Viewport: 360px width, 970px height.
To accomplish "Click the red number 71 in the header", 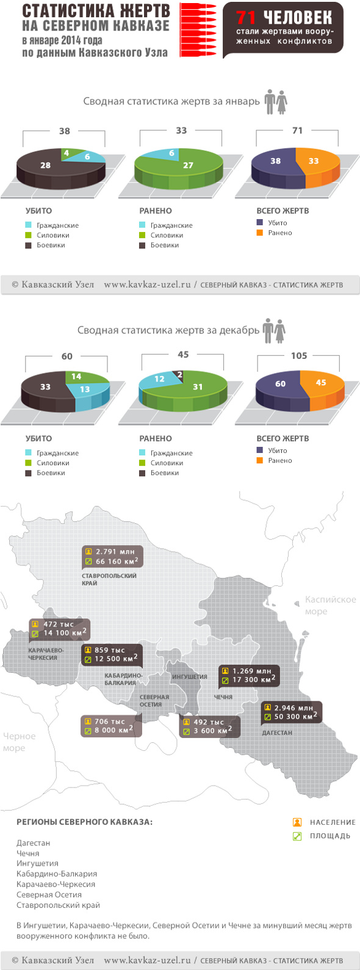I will click(248, 17).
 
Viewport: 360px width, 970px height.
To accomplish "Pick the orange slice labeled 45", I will click(320, 383).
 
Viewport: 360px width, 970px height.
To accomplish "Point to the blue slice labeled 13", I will click(85, 389).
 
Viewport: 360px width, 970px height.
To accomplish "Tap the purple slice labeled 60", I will click(280, 384).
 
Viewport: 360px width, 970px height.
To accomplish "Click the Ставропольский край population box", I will click(112, 557).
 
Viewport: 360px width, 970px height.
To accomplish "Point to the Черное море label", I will click(19, 742).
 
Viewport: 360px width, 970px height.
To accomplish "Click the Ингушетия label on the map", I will click(189, 676).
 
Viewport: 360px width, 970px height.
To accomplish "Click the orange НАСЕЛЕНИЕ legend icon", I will click(297, 822).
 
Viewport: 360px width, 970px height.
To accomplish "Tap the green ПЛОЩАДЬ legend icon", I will click(297, 836).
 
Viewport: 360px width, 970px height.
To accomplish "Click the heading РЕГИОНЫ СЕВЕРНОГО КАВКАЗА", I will click(84, 822).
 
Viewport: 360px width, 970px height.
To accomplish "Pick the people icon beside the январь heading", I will click(276, 102).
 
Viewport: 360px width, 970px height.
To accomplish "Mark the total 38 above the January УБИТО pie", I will click(64, 131).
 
